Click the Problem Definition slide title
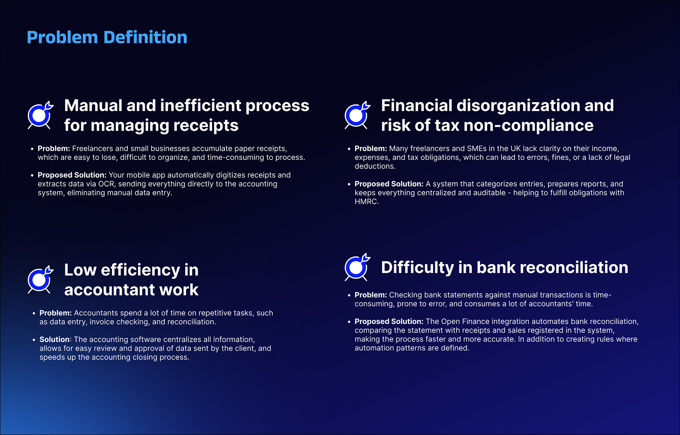[107, 37]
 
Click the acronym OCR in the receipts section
[106, 184]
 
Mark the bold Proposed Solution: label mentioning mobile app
[72, 175]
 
